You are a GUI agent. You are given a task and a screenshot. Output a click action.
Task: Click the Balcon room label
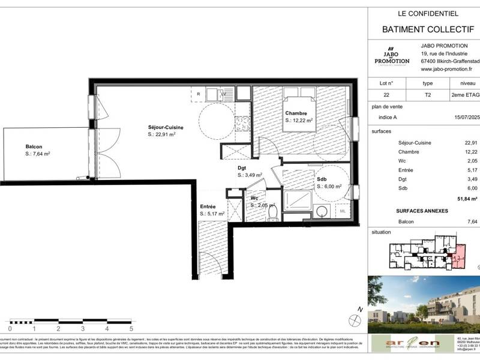tap(34, 146)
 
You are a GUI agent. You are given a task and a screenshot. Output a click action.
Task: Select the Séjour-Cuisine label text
tap(166, 127)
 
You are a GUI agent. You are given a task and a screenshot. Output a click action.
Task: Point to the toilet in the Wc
tap(272, 214)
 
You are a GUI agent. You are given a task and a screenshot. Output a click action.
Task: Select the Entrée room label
tap(208, 206)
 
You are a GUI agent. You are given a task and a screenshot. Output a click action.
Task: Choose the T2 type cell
tap(427, 95)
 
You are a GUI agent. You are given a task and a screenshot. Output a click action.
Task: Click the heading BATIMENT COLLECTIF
tap(427, 28)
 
